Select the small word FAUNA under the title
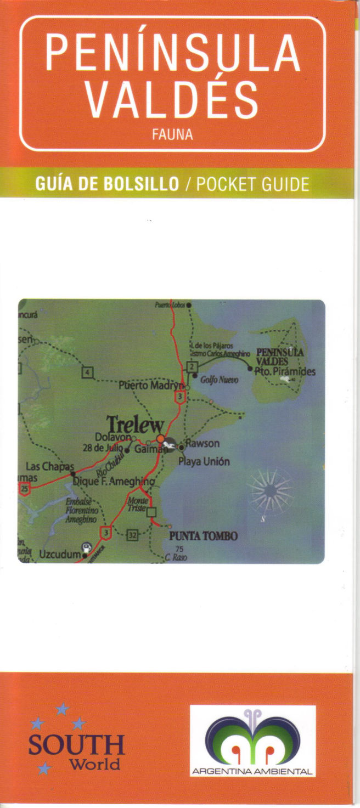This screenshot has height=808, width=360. tap(173, 134)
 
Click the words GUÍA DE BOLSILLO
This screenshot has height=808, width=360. tap(107, 184)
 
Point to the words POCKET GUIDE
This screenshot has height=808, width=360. tap(253, 184)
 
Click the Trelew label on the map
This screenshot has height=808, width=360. tap(135, 425)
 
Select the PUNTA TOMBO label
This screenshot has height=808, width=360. tap(204, 536)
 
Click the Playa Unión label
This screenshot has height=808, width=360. tap(204, 461)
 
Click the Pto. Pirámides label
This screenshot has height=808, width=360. tap(285, 371)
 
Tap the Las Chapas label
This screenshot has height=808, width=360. tap(50, 467)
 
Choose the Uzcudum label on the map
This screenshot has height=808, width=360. tap(60, 555)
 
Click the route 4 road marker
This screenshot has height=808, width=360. tap(87, 373)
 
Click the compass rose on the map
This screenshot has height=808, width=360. tap(270, 490)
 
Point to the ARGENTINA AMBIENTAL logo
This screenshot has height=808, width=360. tap(252, 741)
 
